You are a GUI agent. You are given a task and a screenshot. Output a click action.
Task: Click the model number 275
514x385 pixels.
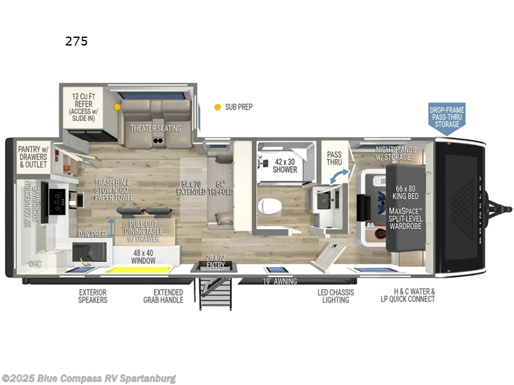(x=76, y=42)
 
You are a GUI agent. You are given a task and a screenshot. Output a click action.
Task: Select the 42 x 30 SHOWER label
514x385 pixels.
(x=285, y=166)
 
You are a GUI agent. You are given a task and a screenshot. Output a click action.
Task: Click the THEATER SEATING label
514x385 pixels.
(x=156, y=128)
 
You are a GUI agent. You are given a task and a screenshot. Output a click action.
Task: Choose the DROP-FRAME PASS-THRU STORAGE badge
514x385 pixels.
(x=447, y=117)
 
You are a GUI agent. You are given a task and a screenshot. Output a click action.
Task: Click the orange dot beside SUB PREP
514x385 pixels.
(x=218, y=107)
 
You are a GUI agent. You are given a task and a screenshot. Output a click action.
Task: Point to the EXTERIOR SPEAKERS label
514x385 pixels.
(x=94, y=296)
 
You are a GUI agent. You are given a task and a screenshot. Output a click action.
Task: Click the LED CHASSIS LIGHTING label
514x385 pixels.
(x=333, y=296)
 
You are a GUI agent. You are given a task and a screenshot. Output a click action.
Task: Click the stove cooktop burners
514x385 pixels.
(x=60, y=201)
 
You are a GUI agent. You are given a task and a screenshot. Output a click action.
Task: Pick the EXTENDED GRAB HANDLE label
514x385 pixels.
(x=164, y=296)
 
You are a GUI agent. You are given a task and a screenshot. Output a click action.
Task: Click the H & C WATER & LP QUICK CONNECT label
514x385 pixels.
(x=408, y=296)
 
